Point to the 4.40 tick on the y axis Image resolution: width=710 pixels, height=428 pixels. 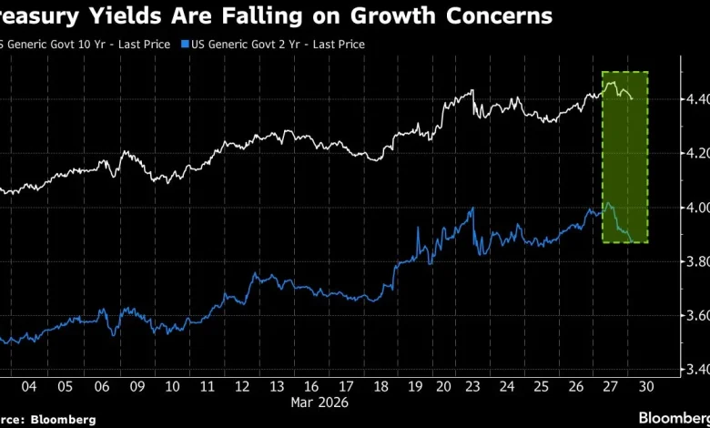(x=695, y=99)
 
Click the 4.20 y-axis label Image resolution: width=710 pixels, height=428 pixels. (x=695, y=153)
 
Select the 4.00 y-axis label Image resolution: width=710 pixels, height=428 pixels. (x=695, y=208)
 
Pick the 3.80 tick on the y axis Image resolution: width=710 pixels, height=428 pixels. (x=695, y=261)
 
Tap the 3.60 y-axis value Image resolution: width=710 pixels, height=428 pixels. (x=695, y=316)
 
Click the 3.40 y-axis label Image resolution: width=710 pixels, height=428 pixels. (x=695, y=370)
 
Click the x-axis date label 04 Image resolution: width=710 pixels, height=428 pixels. (x=28, y=386)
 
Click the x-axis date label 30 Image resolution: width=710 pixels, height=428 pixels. (x=647, y=386)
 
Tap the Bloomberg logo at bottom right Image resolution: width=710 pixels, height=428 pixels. (x=672, y=417)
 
